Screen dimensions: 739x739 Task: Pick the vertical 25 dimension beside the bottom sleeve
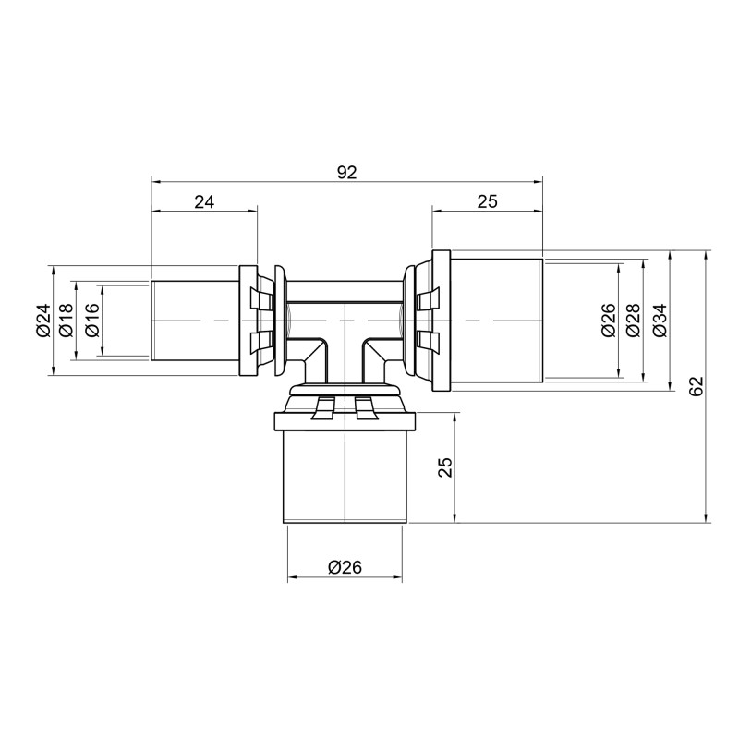click(445, 467)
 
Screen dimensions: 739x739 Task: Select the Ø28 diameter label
click(633, 321)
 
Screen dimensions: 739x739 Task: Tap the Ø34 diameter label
click(659, 321)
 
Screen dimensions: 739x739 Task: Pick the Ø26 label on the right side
click(608, 321)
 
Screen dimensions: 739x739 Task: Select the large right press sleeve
click(495, 321)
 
